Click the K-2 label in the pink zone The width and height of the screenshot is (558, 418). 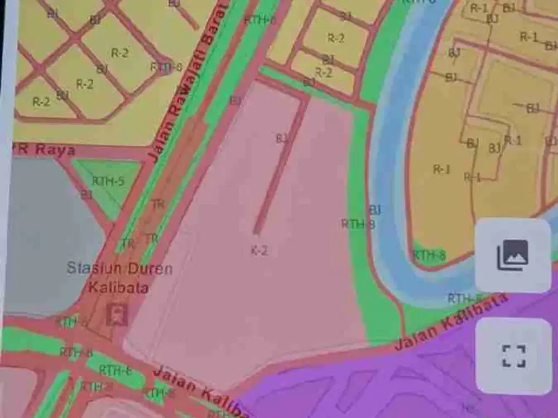[259, 251]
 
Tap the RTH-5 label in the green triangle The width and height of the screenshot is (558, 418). [108, 181]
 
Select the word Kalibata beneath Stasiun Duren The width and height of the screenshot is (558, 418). [118, 288]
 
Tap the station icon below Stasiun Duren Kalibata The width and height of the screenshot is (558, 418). [117, 314]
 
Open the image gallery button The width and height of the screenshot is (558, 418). [512, 255]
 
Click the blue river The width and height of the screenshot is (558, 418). [385, 167]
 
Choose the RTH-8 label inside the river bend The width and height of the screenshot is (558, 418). [429, 255]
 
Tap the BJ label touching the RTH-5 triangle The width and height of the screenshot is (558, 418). [86, 195]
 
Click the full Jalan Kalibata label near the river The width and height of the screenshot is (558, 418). [452, 322]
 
